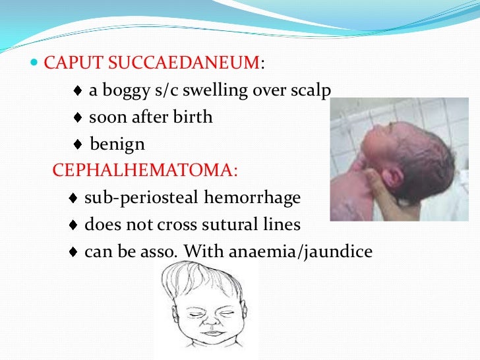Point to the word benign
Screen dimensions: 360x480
117,144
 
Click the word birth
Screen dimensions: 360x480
191,117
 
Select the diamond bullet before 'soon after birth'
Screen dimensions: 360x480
78,118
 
